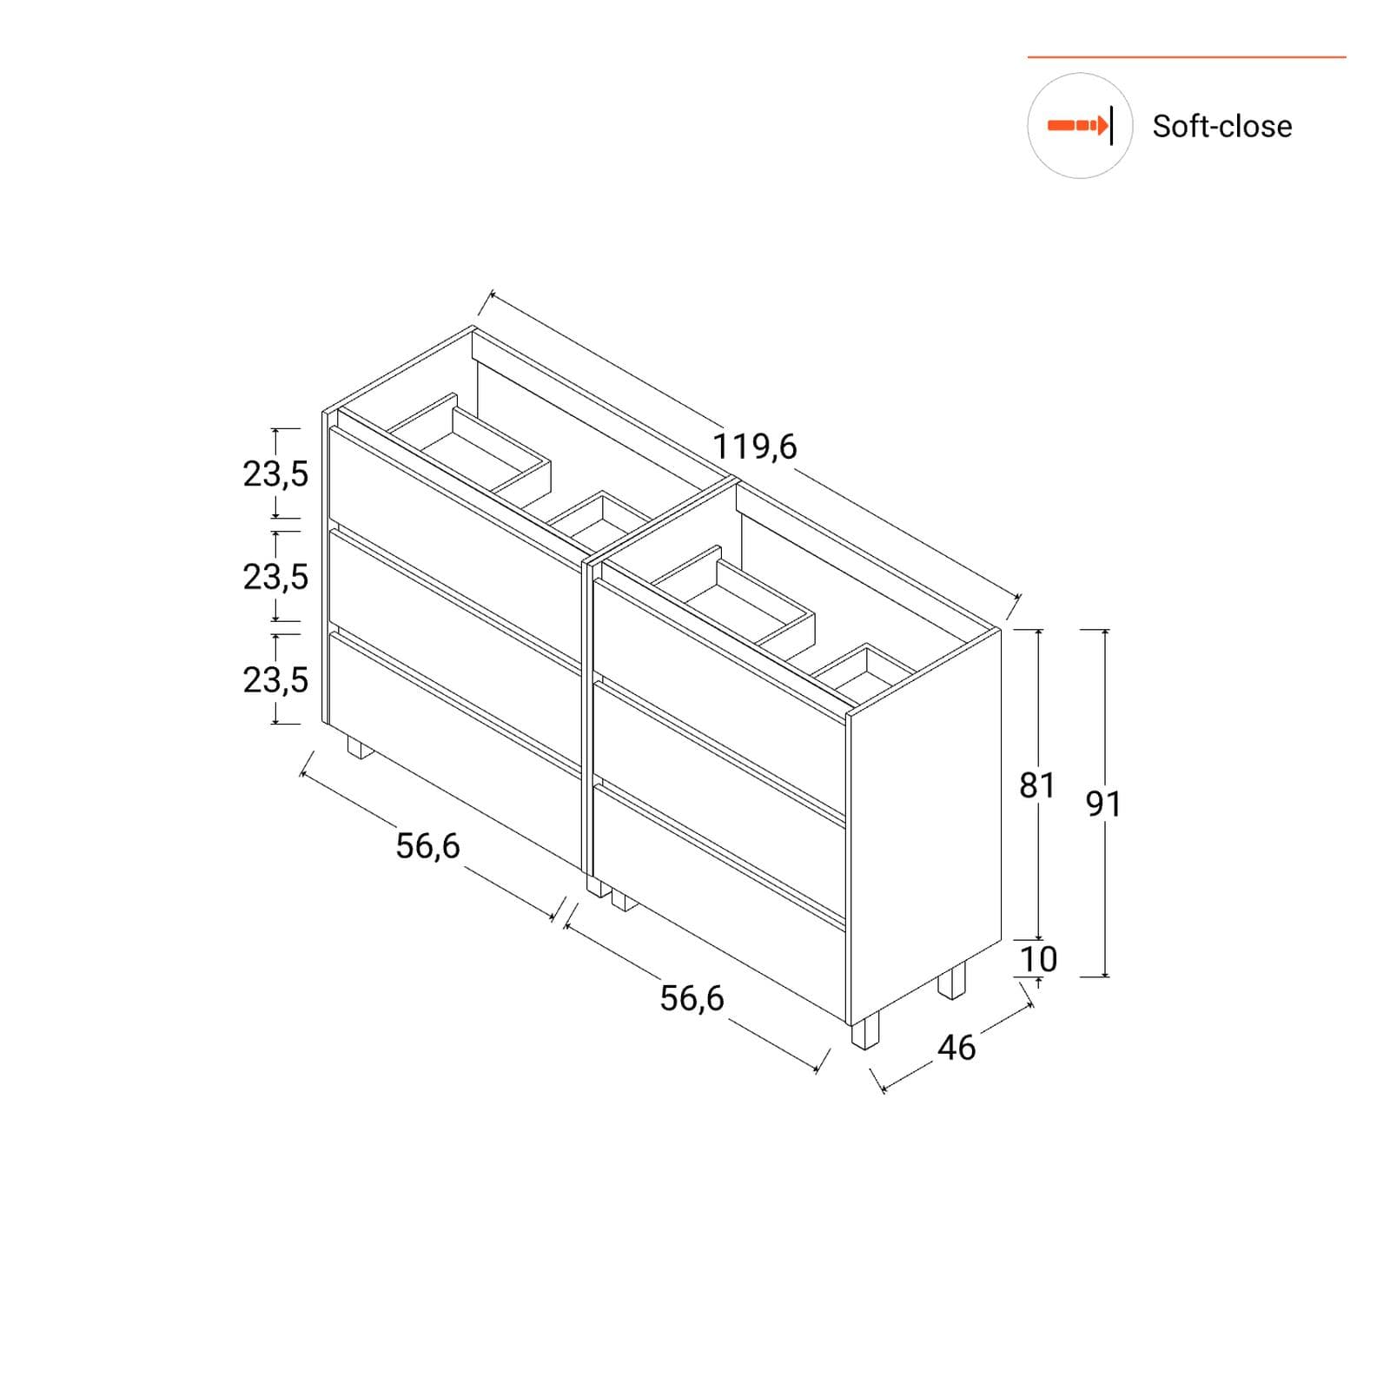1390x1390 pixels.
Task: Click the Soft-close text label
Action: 1221,126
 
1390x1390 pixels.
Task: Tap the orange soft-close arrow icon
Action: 1080,126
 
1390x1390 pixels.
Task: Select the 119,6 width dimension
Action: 754,447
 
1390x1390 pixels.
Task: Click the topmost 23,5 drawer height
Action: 275,474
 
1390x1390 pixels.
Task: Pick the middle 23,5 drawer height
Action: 275,577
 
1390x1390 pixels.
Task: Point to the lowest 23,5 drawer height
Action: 275,679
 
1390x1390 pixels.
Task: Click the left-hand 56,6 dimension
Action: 427,845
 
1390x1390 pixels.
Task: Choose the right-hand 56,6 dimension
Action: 692,998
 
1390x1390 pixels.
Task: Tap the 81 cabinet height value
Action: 1036,785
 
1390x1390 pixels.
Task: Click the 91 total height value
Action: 1103,804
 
